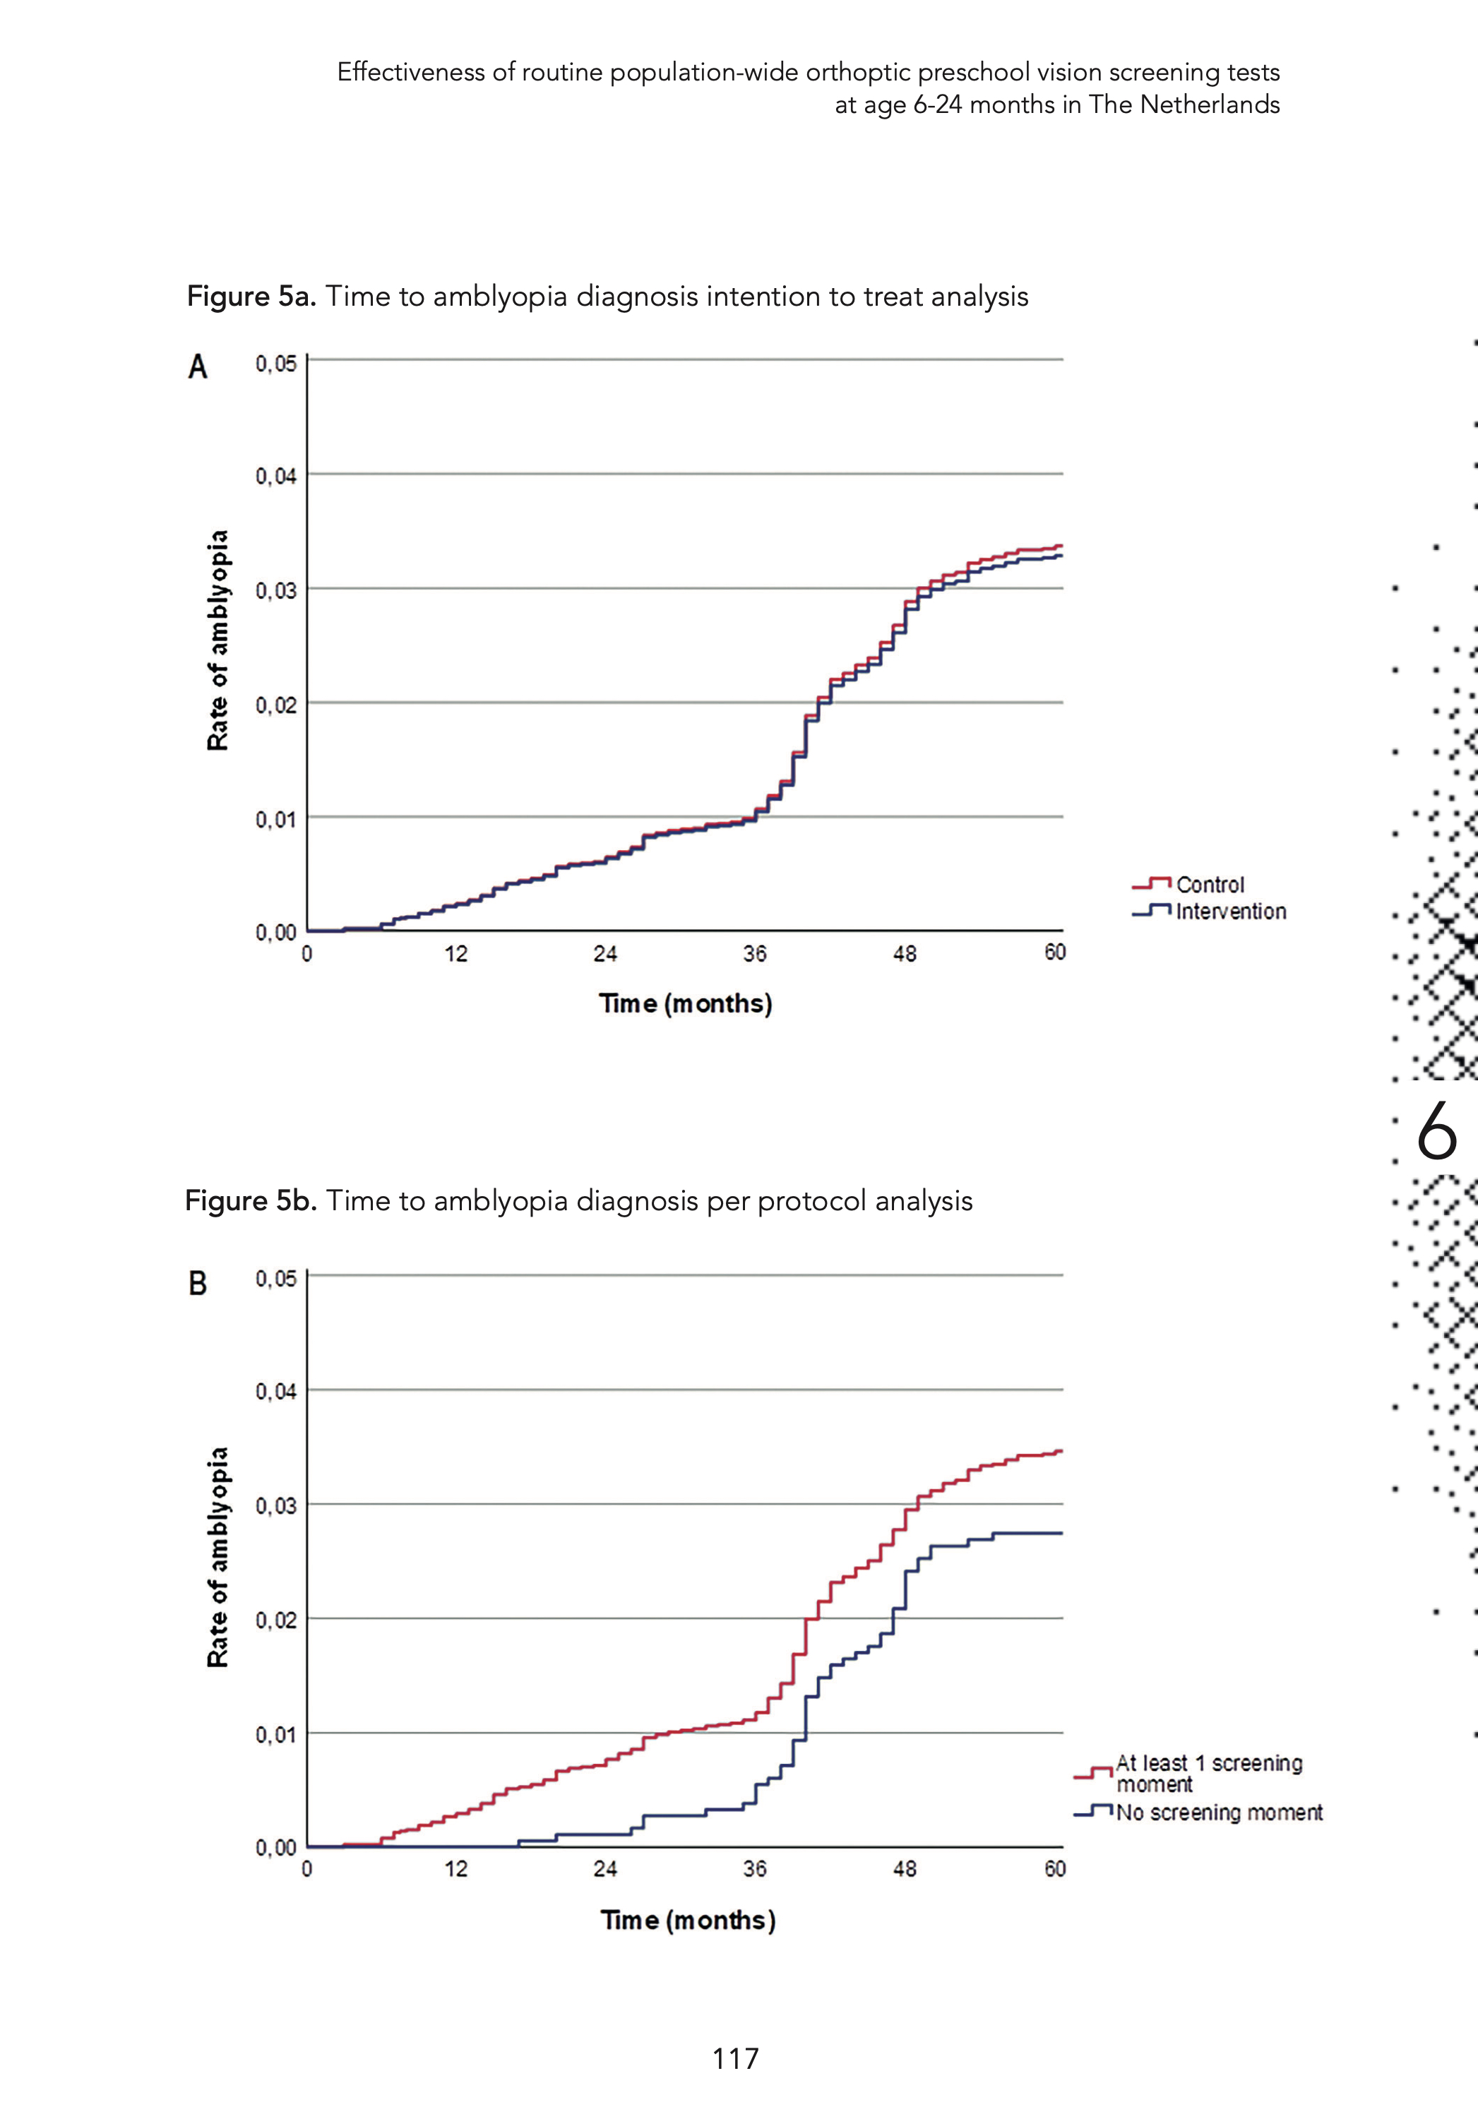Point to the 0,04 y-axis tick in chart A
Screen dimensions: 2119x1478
pyautogui.click(x=276, y=476)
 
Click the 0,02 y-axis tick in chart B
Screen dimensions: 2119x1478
pyautogui.click(x=276, y=1620)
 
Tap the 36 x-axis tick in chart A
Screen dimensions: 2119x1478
pyautogui.click(x=754, y=953)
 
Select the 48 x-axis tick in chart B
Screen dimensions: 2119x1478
pyautogui.click(x=904, y=1869)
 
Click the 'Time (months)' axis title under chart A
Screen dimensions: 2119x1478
pyautogui.click(x=685, y=1003)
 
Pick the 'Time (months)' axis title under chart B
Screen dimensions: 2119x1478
pyautogui.click(x=688, y=1920)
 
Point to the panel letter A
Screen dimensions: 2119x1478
pyautogui.click(x=198, y=367)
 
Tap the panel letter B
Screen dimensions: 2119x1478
pyautogui.click(x=198, y=1283)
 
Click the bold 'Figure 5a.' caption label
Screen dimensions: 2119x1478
pyautogui.click(x=251, y=297)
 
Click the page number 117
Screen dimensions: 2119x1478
pyautogui.click(x=736, y=2058)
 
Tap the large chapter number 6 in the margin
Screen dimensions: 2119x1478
pyautogui.click(x=1436, y=1130)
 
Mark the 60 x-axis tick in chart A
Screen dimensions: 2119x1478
pyautogui.click(x=1054, y=953)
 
